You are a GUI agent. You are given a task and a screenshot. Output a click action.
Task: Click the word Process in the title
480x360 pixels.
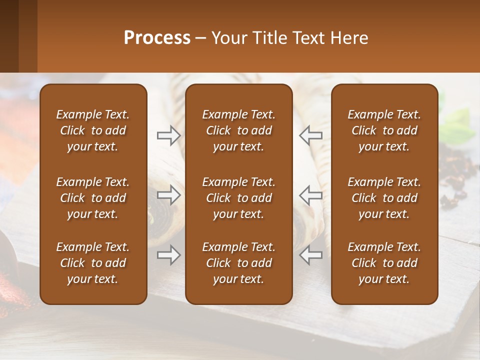[x=157, y=38]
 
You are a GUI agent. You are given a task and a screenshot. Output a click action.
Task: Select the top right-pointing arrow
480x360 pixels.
[x=168, y=135]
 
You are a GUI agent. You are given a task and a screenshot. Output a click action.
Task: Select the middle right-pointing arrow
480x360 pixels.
[x=168, y=195]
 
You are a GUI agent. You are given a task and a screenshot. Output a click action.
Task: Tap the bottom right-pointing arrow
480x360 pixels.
[x=168, y=255]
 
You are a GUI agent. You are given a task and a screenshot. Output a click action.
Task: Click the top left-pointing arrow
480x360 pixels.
[x=310, y=135]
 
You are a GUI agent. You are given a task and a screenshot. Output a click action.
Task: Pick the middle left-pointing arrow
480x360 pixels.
[x=310, y=195]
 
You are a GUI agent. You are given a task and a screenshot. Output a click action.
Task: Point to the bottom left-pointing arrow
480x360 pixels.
[x=310, y=255]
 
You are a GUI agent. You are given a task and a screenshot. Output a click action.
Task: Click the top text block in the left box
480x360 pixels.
[x=93, y=130]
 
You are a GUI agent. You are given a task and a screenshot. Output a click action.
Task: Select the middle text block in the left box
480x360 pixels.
[x=93, y=198]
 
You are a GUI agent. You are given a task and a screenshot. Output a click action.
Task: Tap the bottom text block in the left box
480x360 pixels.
[x=93, y=263]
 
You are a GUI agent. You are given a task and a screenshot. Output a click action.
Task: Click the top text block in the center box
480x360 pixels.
[x=238, y=130]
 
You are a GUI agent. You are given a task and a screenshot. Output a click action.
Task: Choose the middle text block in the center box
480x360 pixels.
[x=238, y=198]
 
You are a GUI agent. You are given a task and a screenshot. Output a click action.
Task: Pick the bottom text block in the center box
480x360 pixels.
[x=238, y=263]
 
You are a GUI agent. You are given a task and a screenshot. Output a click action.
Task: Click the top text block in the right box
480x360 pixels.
[x=384, y=130]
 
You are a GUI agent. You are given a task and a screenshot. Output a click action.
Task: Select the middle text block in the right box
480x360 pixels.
[x=384, y=198]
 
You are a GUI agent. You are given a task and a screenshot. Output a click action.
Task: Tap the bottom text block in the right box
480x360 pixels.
[x=384, y=263]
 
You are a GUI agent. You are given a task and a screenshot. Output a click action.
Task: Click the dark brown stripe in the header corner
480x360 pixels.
[x=9, y=36]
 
